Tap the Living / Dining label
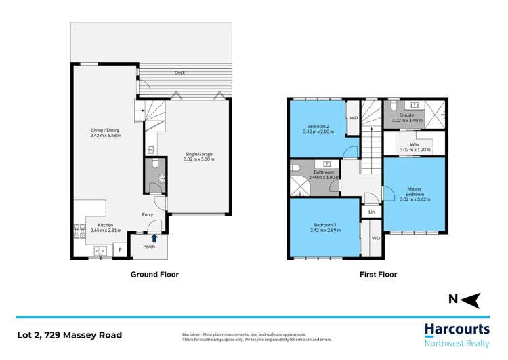click(x=105, y=130)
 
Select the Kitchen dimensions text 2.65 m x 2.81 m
click(x=105, y=231)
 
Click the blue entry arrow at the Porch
click(x=154, y=237)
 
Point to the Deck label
click(x=179, y=73)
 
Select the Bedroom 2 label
click(x=317, y=127)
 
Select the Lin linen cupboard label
click(x=371, y=212)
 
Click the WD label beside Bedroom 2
click(x=353, y=118)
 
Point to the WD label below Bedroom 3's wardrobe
click(x=375, y=238)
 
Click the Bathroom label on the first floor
click(x=323, y=172)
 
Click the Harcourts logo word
click(x=457, y=329)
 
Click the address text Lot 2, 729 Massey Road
click(x=69, y=335)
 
